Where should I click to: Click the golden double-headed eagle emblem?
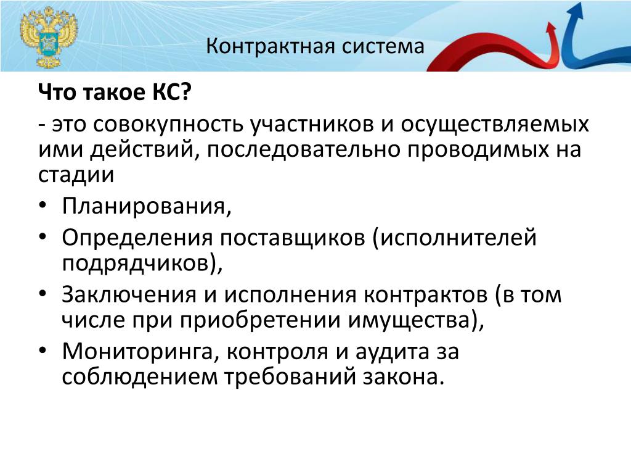49,38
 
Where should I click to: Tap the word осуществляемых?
494,125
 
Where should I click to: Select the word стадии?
76,175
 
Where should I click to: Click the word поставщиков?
292,238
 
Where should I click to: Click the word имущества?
408,320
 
